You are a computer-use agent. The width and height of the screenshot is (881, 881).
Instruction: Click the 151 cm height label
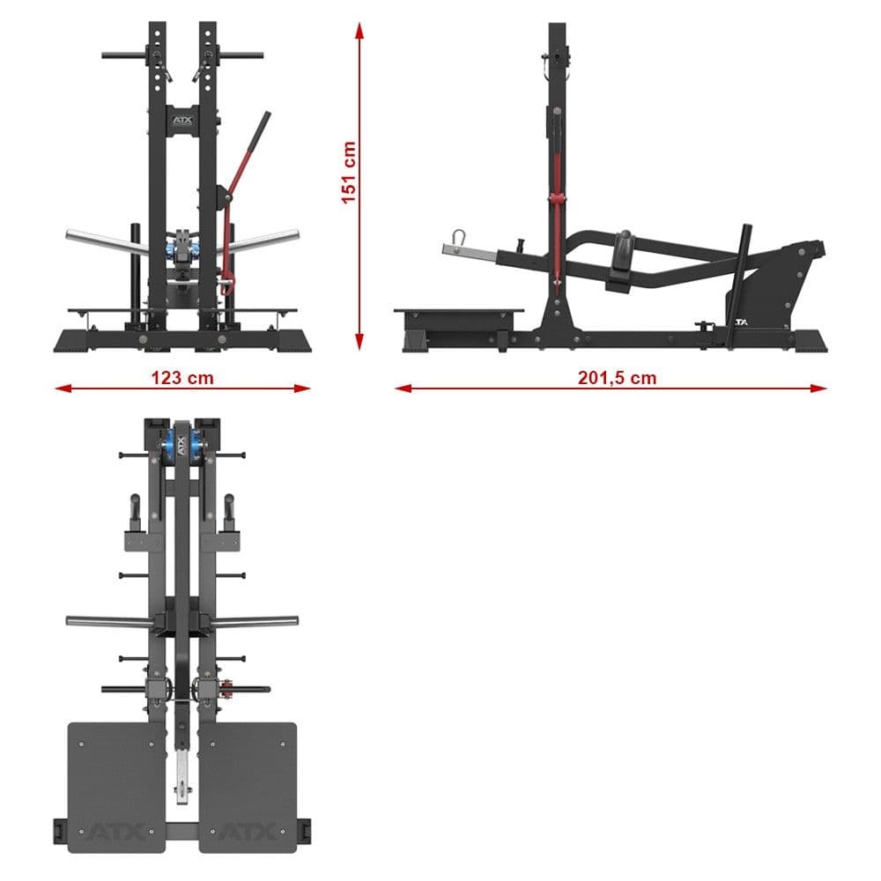coord(349,172)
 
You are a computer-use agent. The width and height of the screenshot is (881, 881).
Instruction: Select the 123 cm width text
coord(182,378)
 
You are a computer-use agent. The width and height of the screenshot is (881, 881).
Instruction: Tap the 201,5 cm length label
coord(617,378)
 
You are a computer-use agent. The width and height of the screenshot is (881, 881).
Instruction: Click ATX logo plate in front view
coord(181,115)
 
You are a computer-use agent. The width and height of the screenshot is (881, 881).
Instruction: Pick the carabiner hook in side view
coord(457,240)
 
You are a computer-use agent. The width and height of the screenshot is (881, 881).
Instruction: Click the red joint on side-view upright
coord(555,197)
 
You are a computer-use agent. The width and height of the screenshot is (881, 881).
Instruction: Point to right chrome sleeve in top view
coord(255,622)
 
